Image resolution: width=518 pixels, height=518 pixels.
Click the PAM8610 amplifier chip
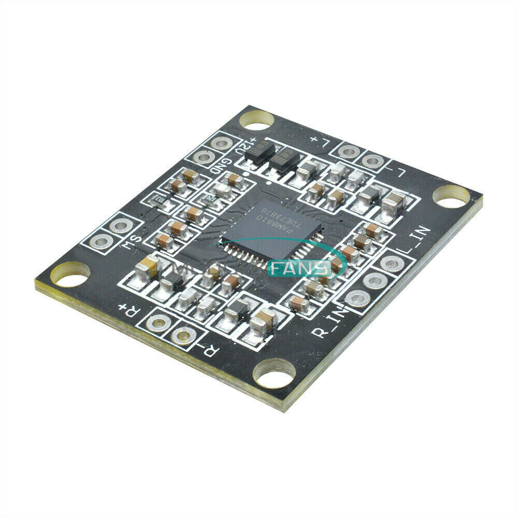pos(272,228)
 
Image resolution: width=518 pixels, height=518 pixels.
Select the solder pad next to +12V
pos(221,143)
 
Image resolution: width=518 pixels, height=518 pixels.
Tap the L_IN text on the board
pos(413,244)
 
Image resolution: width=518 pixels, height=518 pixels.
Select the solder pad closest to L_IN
pos(392,264)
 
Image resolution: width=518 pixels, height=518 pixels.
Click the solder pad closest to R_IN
pos(357,299)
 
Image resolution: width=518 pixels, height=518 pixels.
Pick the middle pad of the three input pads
pos(375,281)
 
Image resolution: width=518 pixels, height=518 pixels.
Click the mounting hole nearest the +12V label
pos(256,120)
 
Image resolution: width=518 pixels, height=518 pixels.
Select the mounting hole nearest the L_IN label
pos(451,196)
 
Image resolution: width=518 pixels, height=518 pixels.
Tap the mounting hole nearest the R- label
pos(274,374)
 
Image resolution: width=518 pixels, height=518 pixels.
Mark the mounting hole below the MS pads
pos(70,275)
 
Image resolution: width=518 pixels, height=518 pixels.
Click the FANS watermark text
pos(300,268)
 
